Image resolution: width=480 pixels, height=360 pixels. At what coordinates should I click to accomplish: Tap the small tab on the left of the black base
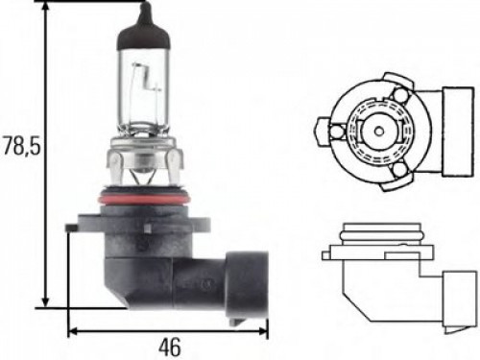71,229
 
